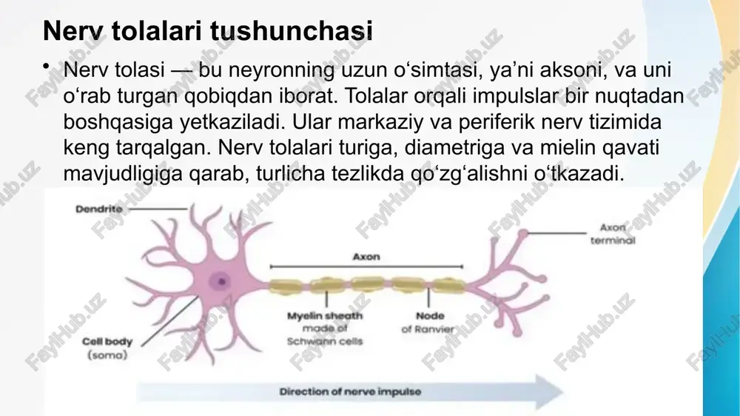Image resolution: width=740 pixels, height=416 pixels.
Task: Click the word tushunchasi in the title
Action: tap(291, 31)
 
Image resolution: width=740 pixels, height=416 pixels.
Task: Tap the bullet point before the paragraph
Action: tap(46, 66)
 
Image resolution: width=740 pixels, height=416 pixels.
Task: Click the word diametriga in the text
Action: tap(455, 148)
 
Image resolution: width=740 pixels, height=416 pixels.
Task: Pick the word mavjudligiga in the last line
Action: tap(123, 174)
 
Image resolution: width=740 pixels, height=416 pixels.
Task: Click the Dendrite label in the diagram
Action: tap(98, 209)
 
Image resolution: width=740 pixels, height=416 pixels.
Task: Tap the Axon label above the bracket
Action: tap(366, 257)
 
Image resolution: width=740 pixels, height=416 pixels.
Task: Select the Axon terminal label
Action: tap(613, 234)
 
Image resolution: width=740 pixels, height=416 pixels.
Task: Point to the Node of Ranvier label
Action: tap(428, 323)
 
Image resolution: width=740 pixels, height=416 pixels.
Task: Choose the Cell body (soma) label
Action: tap(107, 348)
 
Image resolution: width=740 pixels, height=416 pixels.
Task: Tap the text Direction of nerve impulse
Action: tap(350, 392)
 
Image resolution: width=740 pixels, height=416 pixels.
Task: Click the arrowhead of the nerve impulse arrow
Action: tap(550, 392)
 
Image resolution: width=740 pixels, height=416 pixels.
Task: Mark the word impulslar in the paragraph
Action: tap(511, 95)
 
